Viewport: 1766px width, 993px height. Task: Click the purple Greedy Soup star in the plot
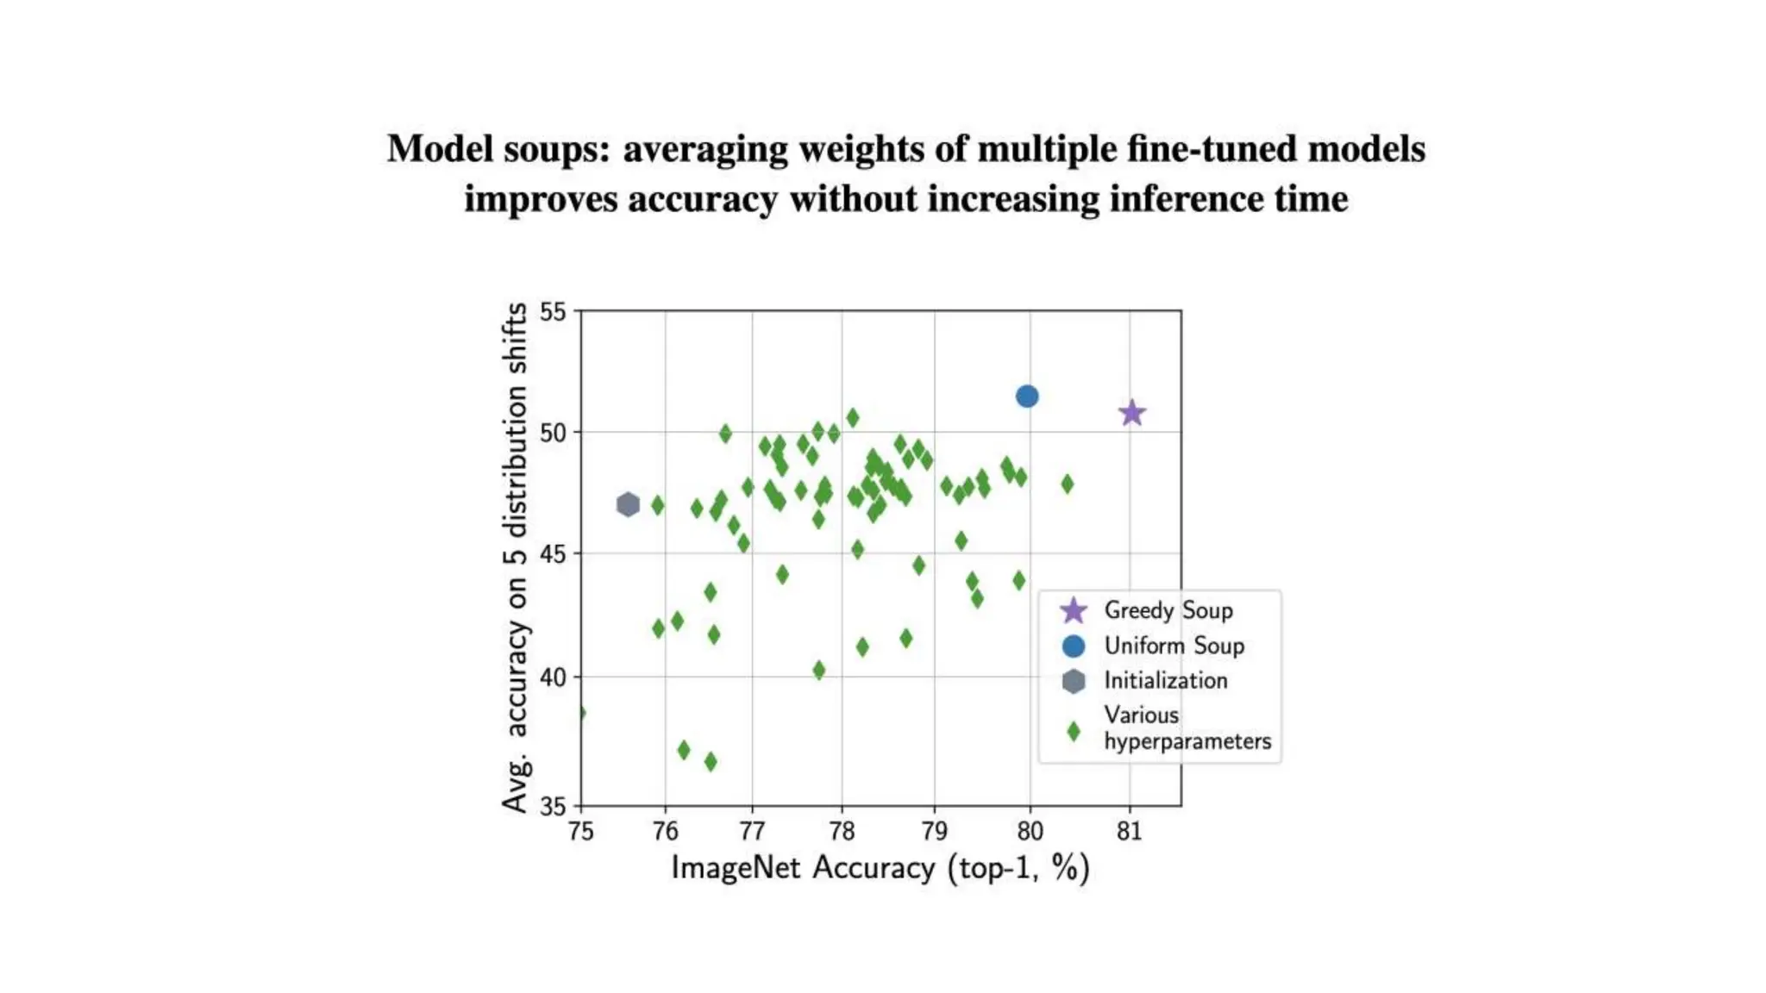[1131, 414]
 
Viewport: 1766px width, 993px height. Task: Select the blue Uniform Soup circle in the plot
[1026, 397]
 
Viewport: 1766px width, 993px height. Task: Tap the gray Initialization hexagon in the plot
[628, 504]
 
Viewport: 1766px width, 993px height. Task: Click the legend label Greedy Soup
[1168, 610]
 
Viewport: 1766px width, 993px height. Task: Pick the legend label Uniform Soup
[1174, 646]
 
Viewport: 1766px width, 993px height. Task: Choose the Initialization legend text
[1165, 680]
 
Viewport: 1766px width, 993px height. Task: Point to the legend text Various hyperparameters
[1187, 728]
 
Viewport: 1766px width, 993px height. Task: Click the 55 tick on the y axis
[553, 312]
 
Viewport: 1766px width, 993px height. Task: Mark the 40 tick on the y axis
[553, 678]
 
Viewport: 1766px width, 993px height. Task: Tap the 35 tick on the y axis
[553, 807]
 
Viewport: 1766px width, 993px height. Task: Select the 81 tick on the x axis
[1129, 832]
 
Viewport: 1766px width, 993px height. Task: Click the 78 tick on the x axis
[842, 832]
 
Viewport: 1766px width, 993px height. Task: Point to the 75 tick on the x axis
[581, 832]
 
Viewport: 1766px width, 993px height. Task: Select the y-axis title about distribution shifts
[515, 556]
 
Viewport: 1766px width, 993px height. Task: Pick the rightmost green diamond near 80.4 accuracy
[1067, 484]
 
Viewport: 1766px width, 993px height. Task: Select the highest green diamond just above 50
[852, 418]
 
